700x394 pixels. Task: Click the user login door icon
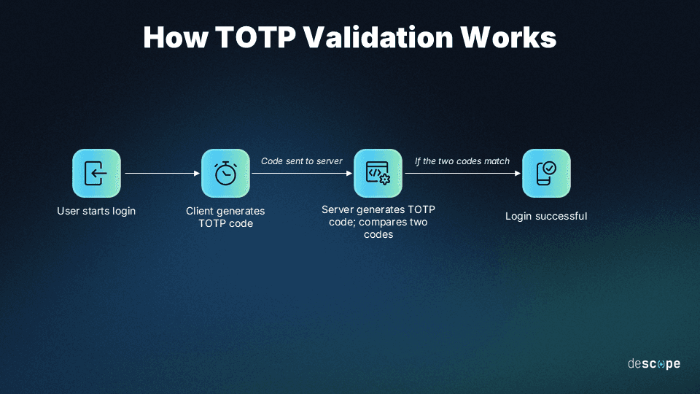(96, 173)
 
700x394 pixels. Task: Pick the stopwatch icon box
(225, 173)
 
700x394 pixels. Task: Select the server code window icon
(378, 173)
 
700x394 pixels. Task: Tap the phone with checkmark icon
(546, 173)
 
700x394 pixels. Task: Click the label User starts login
(96, 212)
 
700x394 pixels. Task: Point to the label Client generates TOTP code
(225, 217)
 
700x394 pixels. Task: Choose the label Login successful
(546, 216)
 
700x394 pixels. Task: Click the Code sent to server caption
(302, 161)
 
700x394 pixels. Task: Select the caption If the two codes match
(462, 161)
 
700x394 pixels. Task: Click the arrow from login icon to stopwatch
(162, 174)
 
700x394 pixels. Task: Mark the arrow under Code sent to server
(302, 174)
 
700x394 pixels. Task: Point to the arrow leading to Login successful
(462, 174)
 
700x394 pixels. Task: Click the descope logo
(653, 363)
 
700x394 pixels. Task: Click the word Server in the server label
(338, 209)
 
